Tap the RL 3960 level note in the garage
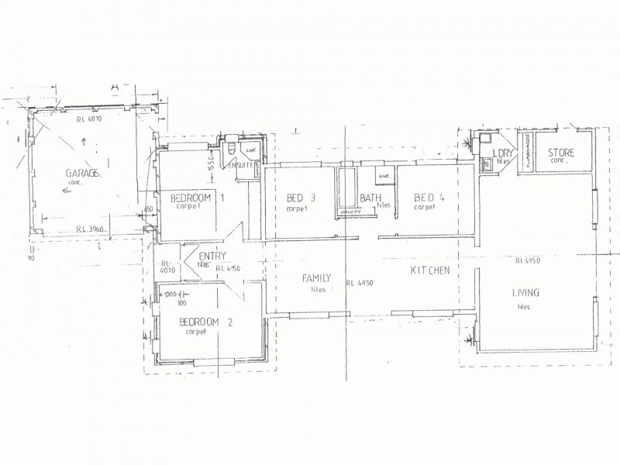tap(91, 229)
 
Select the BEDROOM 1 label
tap(197, 198)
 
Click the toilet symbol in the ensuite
tap(233, 149)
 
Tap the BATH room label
tap(369, 198)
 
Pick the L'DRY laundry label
tap(500, 153)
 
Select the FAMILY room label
tap(317, 277)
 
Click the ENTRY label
tap(212, 256)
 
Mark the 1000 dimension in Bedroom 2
tap(172, 294)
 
